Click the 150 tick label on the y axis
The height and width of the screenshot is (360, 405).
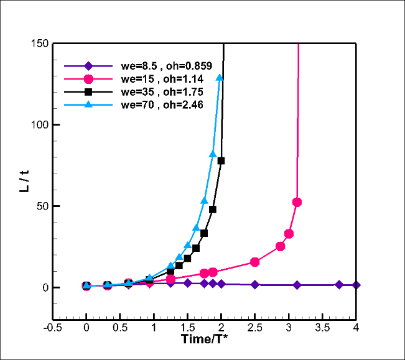(41, 44)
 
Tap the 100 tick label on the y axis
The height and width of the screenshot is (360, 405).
(41, 125)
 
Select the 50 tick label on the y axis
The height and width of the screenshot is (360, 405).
(44, 206)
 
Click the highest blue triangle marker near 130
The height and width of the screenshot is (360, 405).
(220, 77)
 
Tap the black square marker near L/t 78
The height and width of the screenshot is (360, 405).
(221, 160)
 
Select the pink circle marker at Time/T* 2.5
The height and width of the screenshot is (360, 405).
(254, 262)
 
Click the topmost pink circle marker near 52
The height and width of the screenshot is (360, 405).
(297, 202)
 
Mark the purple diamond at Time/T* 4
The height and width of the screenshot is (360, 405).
(356, 285)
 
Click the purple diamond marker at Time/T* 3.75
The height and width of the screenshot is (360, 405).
(339, 284)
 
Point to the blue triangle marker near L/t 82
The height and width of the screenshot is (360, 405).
(213, 154)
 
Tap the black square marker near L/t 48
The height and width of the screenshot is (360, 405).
(213, 209)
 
